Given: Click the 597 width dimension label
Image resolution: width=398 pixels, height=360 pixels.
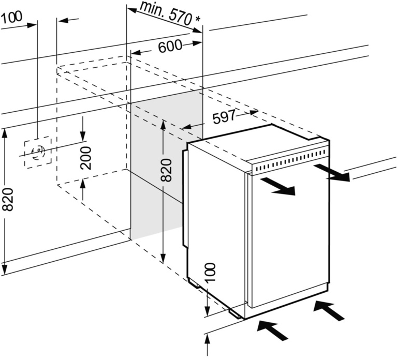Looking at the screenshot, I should (224, 117).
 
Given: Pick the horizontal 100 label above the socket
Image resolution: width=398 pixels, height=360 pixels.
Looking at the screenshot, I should (11, 17).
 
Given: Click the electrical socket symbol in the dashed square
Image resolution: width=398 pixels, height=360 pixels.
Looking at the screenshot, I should (38, 152).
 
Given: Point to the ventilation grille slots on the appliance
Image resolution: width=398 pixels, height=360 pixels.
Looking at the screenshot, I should (290, 160).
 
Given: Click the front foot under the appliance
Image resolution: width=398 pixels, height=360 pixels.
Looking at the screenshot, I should (235, 311).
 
